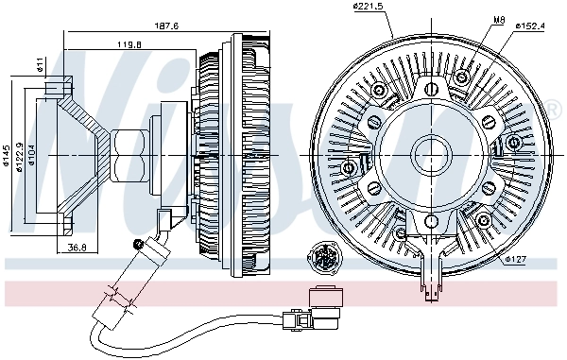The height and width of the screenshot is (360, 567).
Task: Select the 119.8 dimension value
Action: [129, 43]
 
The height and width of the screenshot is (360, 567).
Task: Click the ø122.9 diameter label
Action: [18, 151]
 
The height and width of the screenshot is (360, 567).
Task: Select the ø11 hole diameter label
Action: [39, 65]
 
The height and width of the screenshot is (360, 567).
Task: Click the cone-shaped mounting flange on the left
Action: [76, 151]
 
